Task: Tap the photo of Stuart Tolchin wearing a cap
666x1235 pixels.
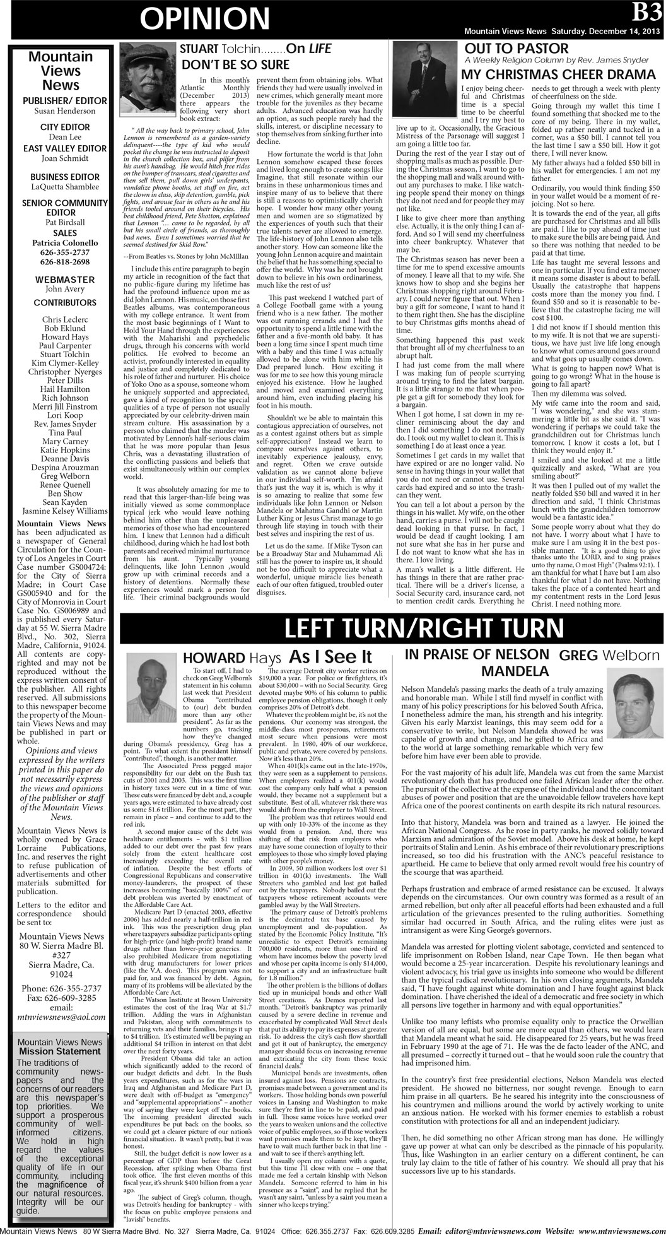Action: click(146, 72)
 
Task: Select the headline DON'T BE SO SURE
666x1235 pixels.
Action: click(235, 64)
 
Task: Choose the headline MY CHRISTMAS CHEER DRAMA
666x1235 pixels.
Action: click(558, 74)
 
